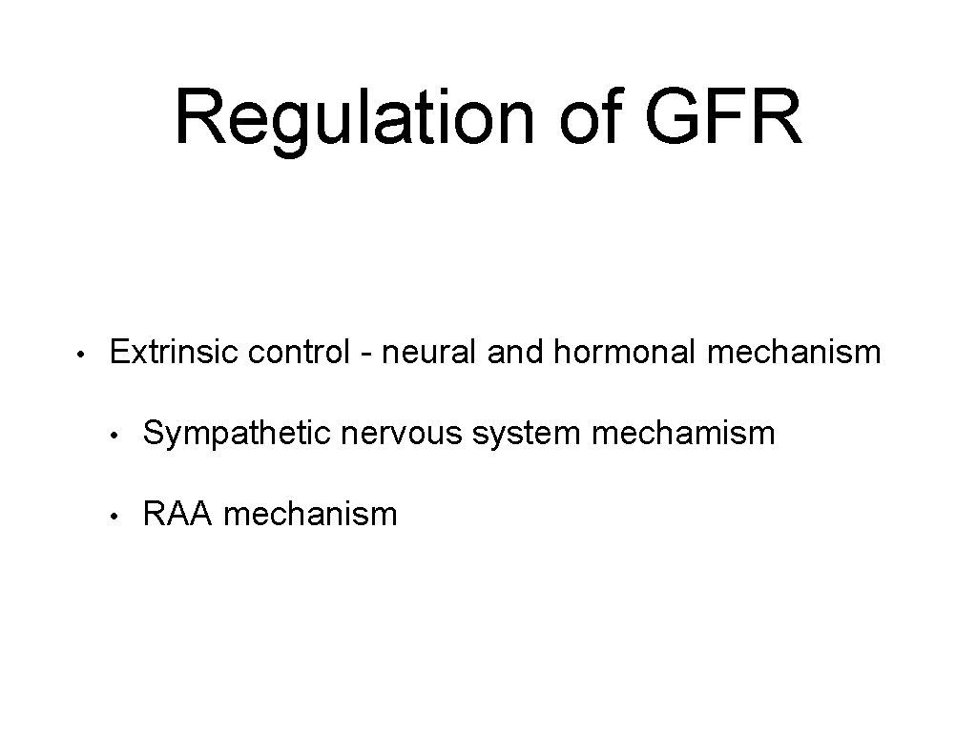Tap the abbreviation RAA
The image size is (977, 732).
(x=177, y=515)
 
